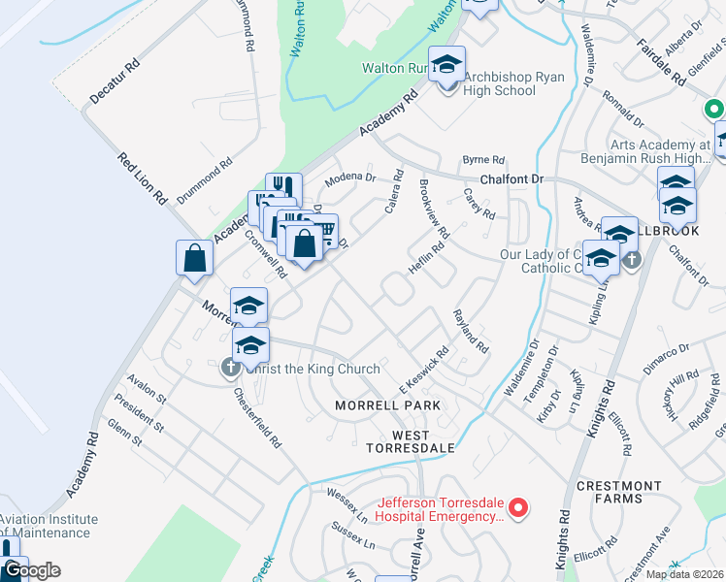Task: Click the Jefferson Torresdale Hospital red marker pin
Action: (518, 507)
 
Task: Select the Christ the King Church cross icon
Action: (230, 368)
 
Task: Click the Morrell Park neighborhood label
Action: (388, 404)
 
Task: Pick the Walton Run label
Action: (394, 68)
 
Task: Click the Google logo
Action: (31, 570)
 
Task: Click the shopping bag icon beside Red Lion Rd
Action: (194, 259)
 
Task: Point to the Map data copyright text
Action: (683, 573)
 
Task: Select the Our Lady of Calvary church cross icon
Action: (632, 260)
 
